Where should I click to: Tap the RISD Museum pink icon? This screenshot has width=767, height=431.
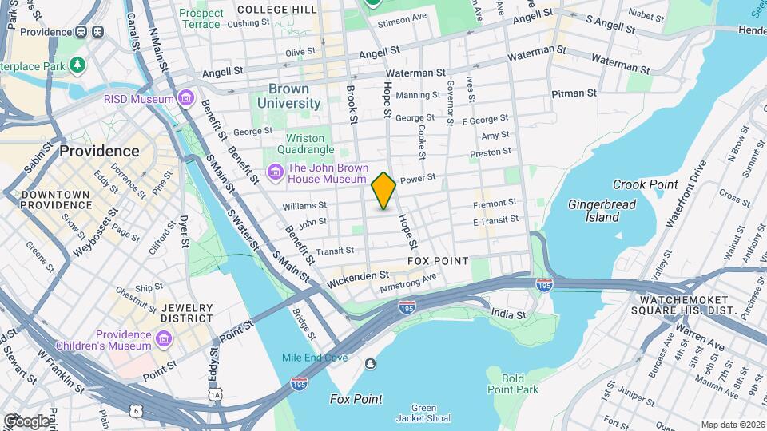click(x=186, y=99)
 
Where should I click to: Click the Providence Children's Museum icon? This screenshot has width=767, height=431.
click(x=164, y=340)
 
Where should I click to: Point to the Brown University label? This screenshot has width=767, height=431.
click(x=294, y=96)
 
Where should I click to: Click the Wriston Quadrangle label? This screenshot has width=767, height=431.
click(x=305, y=144)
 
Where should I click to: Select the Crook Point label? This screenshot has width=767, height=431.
click(x=645, y=184)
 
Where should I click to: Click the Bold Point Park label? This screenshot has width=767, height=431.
click(x=512, y=384)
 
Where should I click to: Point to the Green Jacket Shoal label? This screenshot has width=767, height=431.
click(x=425, y=413)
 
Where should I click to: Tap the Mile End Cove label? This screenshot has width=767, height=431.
click(x=315, y=358)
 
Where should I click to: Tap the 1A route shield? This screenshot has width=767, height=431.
click(x=214, y=394)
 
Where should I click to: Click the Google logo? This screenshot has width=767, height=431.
click(x=26, y=420)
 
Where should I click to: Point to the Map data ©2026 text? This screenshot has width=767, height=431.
click(x=732, y=425)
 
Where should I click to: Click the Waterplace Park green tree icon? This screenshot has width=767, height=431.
click(x=77, y=64)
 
